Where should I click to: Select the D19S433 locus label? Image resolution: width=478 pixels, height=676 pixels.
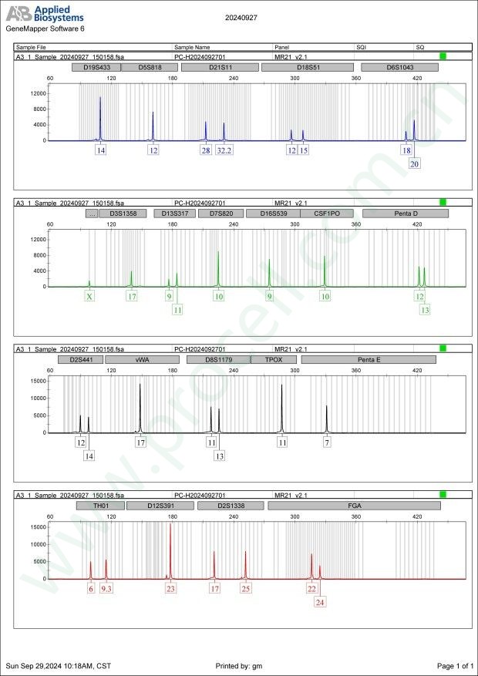point(96,67)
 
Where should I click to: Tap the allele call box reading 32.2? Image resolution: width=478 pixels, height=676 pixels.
point(224,150)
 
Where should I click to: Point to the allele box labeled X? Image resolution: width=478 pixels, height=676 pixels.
point(89,297)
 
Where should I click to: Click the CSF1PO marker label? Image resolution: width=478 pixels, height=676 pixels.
point(326,214)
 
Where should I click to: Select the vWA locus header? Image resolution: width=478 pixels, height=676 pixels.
point(142,360)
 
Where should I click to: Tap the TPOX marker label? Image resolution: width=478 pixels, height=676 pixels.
point(274,360)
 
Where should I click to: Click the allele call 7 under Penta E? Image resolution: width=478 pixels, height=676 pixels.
point(327,443)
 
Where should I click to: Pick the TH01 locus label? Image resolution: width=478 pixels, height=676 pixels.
point(100,506)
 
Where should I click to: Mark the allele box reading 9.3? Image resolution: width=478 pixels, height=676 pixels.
point(106,589)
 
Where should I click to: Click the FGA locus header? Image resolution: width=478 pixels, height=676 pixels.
point(355,506)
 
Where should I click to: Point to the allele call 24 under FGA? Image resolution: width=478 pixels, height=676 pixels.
point(319,602)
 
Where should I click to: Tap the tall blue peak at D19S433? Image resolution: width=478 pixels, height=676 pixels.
point(100,116)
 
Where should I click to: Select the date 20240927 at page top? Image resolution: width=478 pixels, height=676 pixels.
point(242,16)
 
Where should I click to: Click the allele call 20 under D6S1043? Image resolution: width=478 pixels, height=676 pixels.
point(415,163)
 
